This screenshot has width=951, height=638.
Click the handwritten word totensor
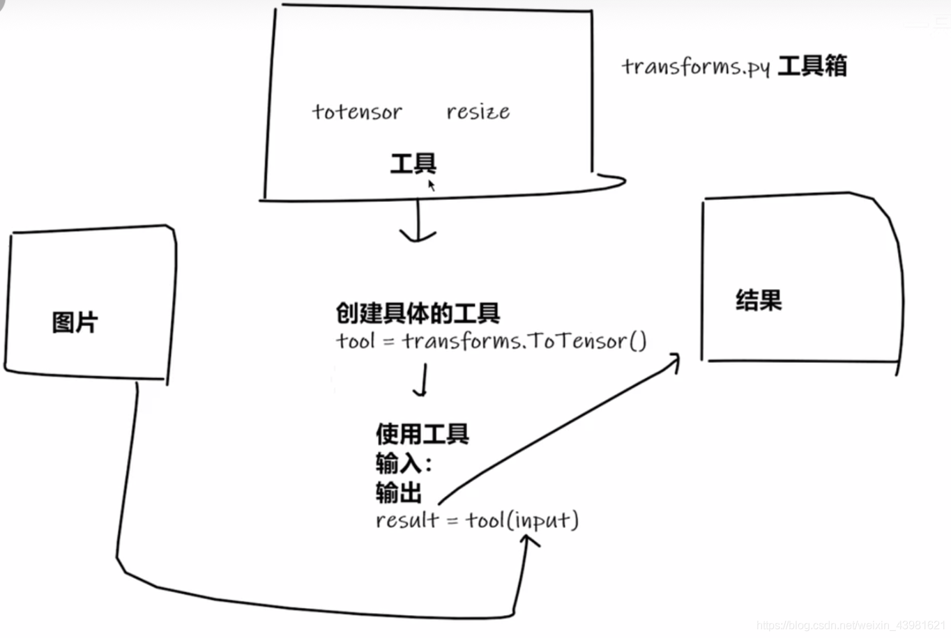[357, 112]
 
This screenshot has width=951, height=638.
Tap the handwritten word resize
[478, 111]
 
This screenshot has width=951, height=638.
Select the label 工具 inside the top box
[413, 164]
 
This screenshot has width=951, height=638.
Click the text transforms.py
[695, 67]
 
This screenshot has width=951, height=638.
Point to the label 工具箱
[812, 66]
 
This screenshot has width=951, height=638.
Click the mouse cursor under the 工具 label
[432, 185]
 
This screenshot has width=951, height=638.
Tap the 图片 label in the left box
[75, 322]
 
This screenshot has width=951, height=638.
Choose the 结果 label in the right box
[759, 300]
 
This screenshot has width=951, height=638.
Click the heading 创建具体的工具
[418, 313]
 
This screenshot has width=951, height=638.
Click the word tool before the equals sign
[356, 341]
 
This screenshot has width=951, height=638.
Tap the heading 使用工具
[422, 434]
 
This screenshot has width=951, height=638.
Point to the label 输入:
[404, 463]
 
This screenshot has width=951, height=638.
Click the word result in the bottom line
[407, 520]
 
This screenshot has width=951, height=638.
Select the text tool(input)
[522, 520]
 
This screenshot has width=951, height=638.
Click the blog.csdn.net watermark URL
[850, 625]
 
